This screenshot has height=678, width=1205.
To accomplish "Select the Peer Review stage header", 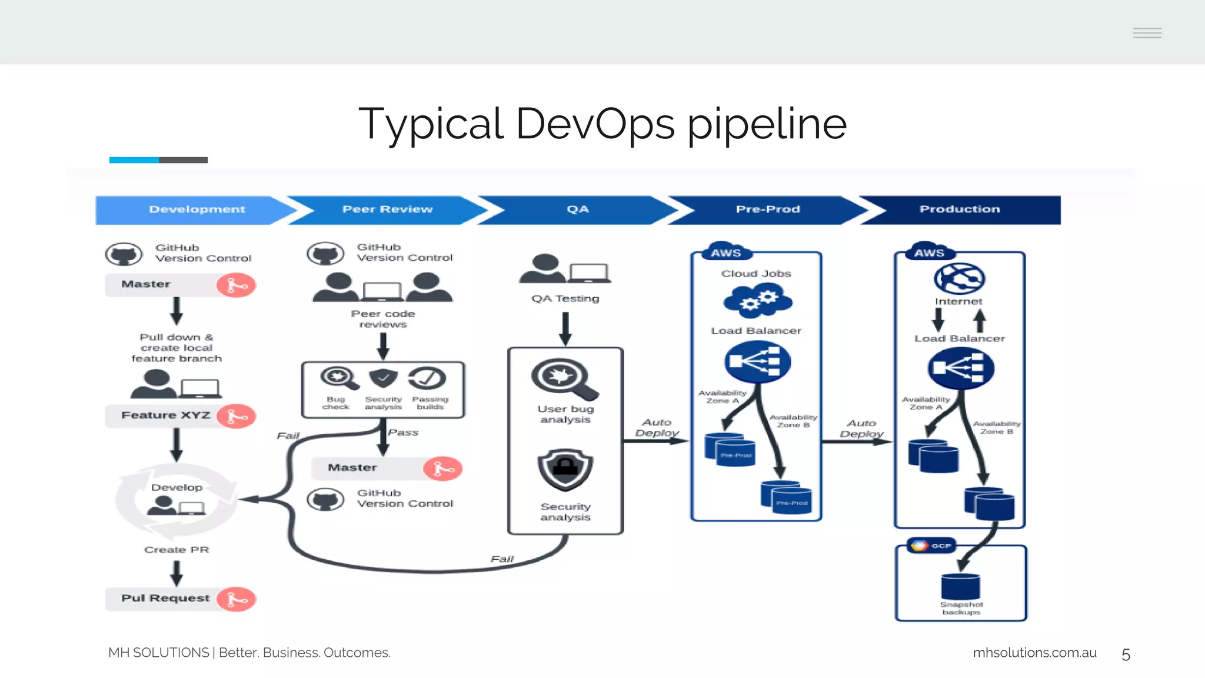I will coord(387,210).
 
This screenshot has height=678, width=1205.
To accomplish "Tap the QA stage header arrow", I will coord(577,210).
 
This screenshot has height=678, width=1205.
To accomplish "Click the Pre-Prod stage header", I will coord(767,210).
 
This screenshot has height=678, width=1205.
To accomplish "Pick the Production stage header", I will coord(959,210).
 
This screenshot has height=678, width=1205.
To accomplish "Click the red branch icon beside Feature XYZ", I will coord(236,416).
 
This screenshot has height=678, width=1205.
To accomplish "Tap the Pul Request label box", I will coord(165,599).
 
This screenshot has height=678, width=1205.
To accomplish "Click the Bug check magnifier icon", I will coord(338,378).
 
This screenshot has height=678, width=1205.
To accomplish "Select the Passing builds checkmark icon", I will coord(428,378).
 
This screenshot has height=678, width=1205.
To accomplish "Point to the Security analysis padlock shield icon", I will coord(565,470).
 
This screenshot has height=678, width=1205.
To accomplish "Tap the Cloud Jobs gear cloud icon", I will coord(757,301).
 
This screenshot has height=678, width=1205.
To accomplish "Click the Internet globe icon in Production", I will coord(959,278).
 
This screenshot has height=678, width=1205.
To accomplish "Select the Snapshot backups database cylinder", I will coord(960,587).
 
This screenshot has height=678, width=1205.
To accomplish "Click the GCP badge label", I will coord(932,546).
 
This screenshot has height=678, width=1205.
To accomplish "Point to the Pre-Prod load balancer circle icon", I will coord(757,361).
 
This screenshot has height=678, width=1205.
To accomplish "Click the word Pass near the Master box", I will coord(403,433).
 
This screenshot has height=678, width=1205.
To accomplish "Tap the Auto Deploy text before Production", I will coord(861,428).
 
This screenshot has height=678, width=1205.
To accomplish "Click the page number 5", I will coord(1126,654).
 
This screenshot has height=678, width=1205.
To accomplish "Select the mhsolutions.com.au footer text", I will coord(1034,653).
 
